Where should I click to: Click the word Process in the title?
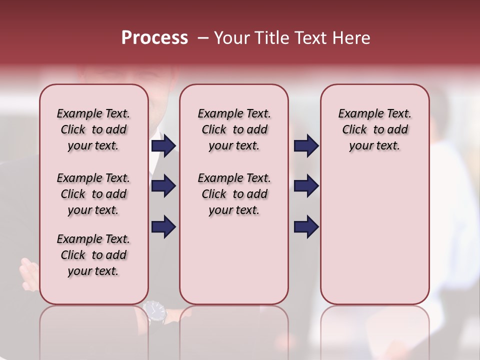click(154, 38)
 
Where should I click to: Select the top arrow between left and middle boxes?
click(163, 145)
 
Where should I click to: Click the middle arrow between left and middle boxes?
click(163, 186)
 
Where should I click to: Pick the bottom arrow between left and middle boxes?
click(163, 226)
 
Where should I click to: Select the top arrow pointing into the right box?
click(306, 145)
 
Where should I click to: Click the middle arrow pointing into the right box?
click(306, 186)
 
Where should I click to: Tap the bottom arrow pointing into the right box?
click(306, 226)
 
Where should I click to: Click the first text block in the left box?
click(93, 129)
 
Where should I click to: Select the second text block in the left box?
click(93, 194)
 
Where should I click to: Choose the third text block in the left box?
click(93, 255)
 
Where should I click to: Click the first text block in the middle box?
click(234, 129)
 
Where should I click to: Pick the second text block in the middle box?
click(234, 194)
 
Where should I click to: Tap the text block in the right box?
click(374, 129)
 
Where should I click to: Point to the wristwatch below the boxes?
click(155, 311)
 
